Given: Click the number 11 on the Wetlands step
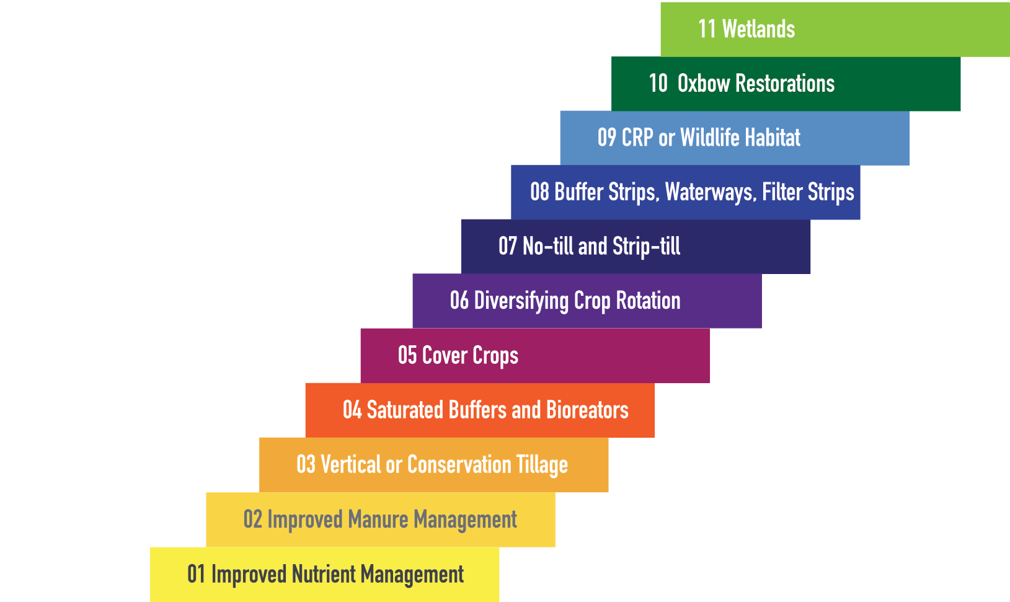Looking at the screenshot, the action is tap(707, 29).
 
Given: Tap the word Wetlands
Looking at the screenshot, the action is tap(758, 29).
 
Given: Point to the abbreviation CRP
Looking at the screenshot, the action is tap(637, 138).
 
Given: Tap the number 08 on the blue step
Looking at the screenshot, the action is tap(539, 192).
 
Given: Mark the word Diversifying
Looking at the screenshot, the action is tap(521, 301).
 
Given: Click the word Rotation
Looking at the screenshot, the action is tap(649, 301).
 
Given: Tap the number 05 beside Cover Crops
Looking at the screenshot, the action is tap(407, 355).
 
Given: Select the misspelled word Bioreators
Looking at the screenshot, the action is tap(588, 410).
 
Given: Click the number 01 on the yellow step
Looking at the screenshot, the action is tap(196, 575).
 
